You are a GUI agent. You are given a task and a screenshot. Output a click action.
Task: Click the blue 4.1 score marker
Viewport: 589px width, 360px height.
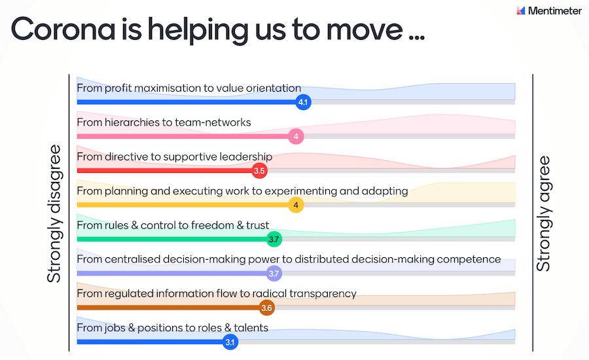pyautogui.click(x=303, y=102)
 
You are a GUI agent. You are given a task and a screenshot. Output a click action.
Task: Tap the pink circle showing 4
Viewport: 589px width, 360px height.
pyautogui.click(x=296, y=136)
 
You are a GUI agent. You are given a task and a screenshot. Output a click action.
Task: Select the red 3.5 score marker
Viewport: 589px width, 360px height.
pyautogui.click(x=259, y=171)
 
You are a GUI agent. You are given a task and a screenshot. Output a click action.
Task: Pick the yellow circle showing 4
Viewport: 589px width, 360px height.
pyautogui.click(x=296, y=205)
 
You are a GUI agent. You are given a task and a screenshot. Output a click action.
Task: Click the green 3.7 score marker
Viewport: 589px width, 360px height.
pyautogui.click(x=274, y=239)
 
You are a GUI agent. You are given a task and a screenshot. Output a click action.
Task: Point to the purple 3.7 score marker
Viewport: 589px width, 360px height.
pyautogui.click(x=274, y=273)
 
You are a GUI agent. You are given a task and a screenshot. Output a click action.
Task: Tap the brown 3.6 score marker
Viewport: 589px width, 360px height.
pyautogui.click(x=267, y=308)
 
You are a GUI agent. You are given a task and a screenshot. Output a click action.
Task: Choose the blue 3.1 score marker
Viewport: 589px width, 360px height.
pyautogui.click(x=230, y=342)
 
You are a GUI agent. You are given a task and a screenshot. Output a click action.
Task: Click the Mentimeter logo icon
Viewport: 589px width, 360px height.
pyautogui.click(x=521, y=10)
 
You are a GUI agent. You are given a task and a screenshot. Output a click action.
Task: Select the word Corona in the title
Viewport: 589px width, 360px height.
pyautogui.click(x=63, y=29)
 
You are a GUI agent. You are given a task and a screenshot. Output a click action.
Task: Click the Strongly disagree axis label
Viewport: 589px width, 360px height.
pyautogui.click(x=54, y=213)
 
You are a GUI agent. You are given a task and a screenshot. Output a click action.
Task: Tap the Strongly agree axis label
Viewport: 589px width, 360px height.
pyautogui.click(x=543, y=213)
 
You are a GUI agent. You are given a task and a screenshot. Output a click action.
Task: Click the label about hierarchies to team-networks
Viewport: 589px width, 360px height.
pyautogui.click(x=164, y=122)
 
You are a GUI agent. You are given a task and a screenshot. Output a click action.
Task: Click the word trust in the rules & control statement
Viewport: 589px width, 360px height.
pyautogui.click(x=258, y=225)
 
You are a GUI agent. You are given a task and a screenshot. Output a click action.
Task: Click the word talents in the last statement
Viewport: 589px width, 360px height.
pyautogui.click(x=251, y=328)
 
